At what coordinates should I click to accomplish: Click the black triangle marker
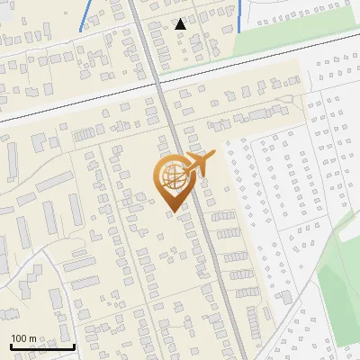(181, 23)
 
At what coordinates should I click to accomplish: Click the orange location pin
(172, 183)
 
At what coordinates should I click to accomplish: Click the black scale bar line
(42, 346)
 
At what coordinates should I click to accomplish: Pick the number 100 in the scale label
(20, 338)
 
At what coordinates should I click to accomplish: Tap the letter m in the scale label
(33, 338)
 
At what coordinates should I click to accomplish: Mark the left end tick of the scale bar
(11, 345)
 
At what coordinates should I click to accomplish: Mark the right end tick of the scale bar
(74, 345)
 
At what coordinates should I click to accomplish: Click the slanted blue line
(86, 17)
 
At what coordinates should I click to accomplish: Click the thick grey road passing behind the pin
(207, 252)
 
